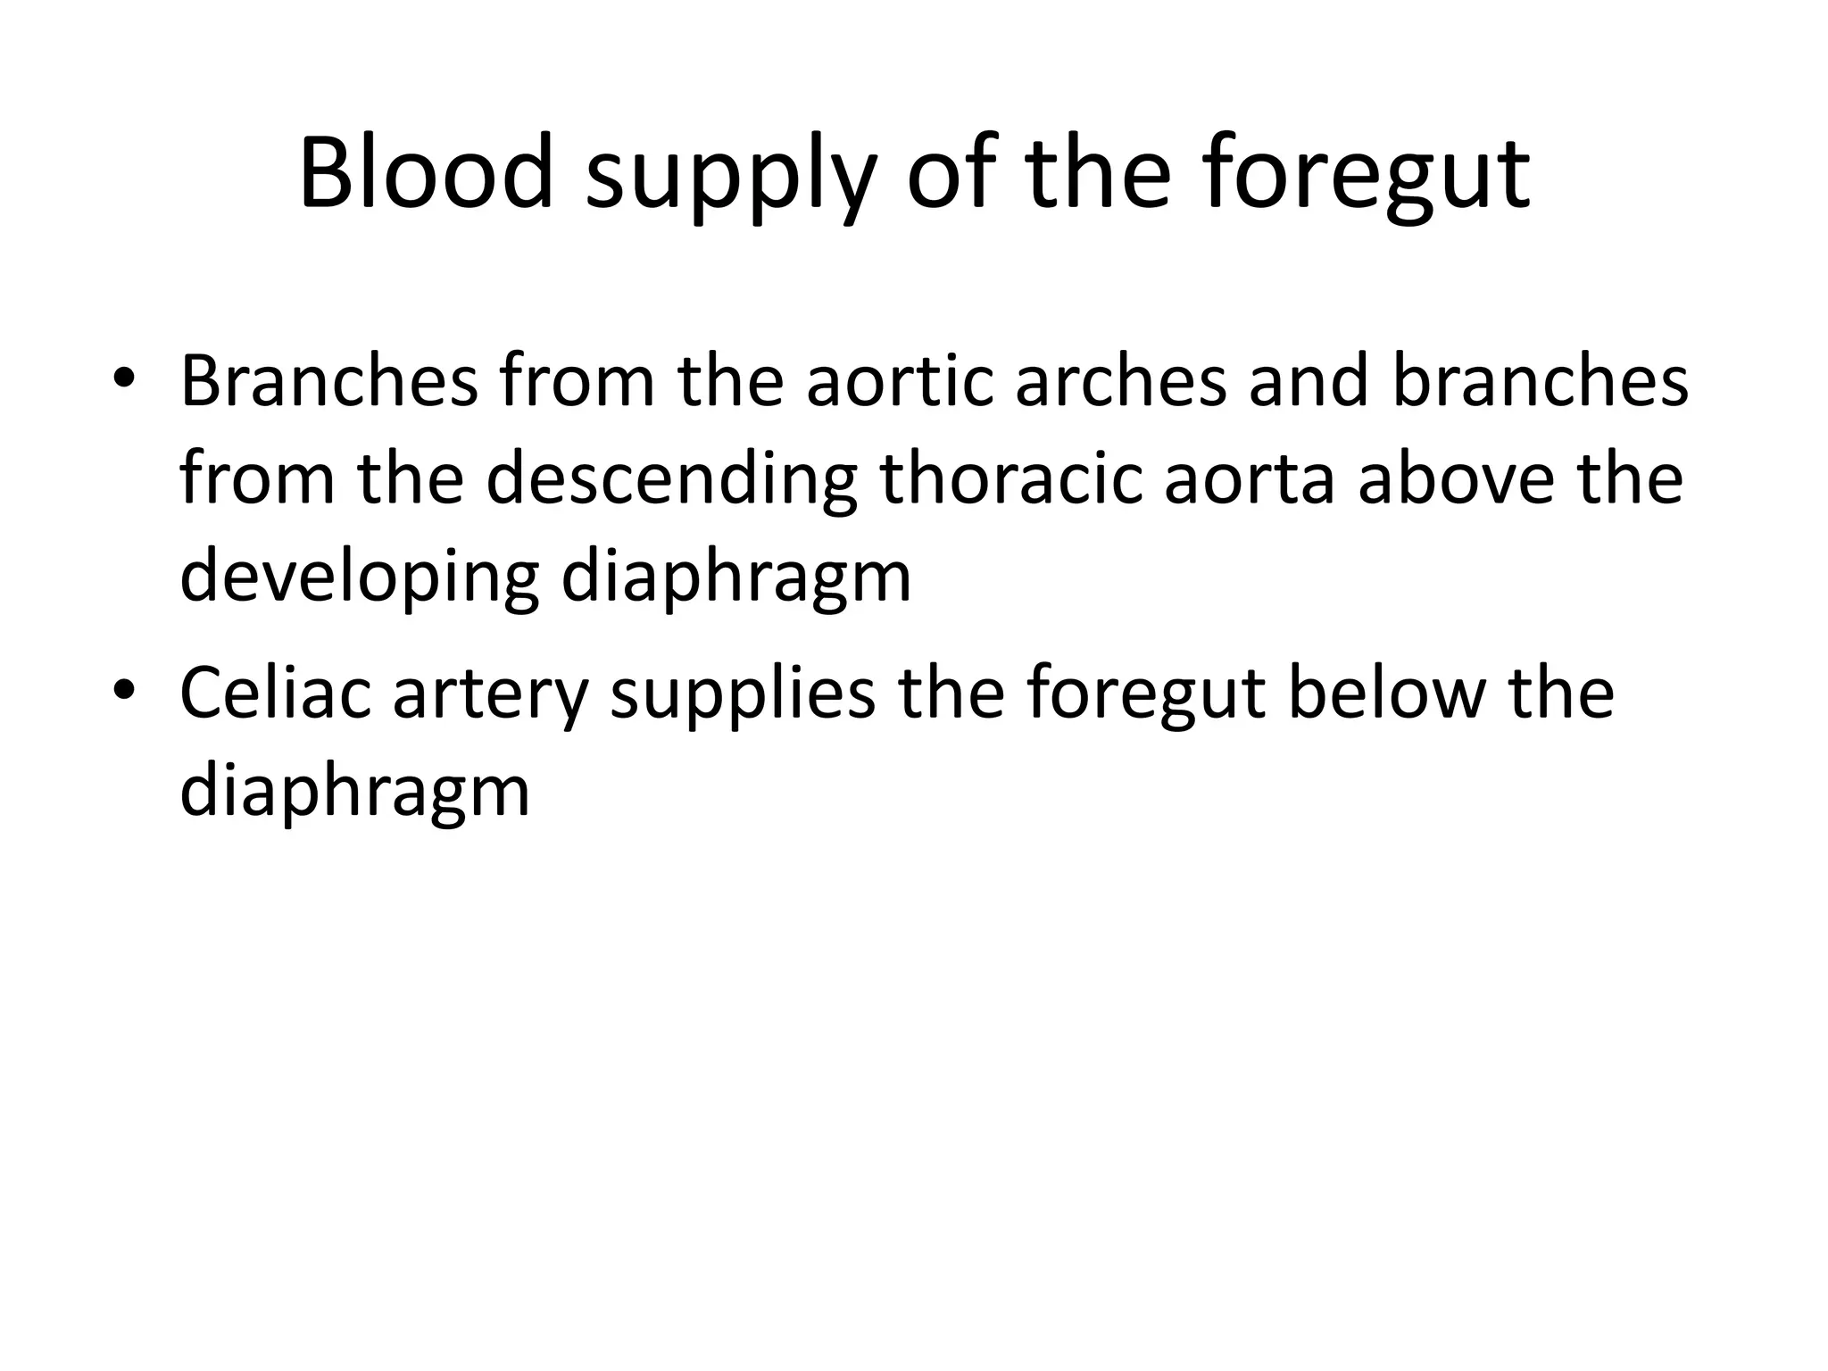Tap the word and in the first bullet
point(1309,381)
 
